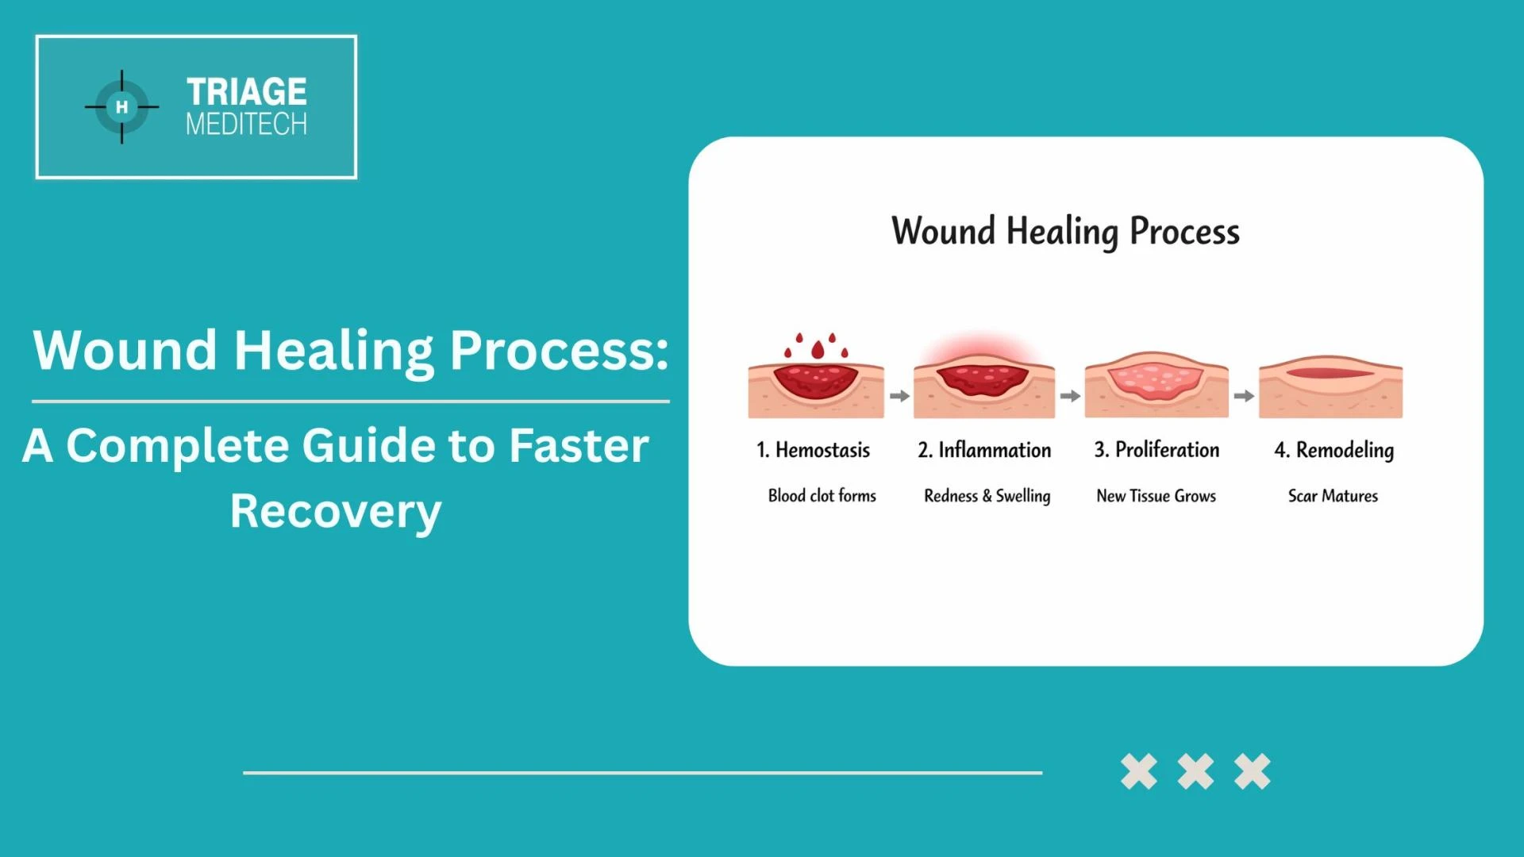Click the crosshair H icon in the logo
coord(121,107)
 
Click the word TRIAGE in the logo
coord(246,92)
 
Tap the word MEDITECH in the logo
coord(246,125)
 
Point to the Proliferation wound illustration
coord(1156,385)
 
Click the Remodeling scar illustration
coord(1330,386)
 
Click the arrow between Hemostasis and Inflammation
coord(899,395)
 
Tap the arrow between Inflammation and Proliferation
coord(1070,395)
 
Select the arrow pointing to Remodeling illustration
coord(1244,395)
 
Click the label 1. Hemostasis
coord(813,450)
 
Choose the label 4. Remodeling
coord(1333,450)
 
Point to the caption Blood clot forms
coord(822,496)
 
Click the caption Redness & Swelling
coord(987,496)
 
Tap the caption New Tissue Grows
coord(1156,496)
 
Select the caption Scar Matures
coord(1333,496)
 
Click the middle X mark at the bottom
coord(1195,771)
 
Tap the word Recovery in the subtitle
coord(335,511)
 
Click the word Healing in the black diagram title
coord(1062,232)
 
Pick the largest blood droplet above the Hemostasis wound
coord(818,350)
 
